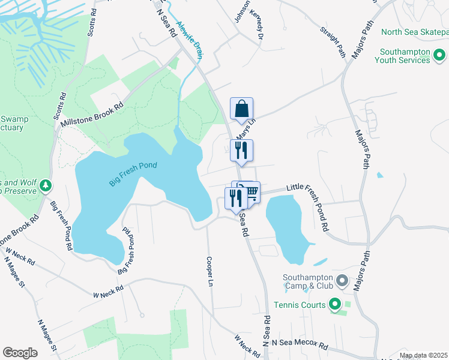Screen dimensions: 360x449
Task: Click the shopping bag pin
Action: click(241, 109)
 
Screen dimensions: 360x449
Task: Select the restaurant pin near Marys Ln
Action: click(241, 151)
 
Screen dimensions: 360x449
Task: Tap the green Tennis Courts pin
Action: click(334, 305)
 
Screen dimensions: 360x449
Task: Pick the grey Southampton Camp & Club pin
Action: click(342, 280)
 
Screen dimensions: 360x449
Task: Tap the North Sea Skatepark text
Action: click(414, 32)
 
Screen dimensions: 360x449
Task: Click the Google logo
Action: click(20, 353)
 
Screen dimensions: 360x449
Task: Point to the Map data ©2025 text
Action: click(423, 355)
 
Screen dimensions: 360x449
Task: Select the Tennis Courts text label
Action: click(298, 305)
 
